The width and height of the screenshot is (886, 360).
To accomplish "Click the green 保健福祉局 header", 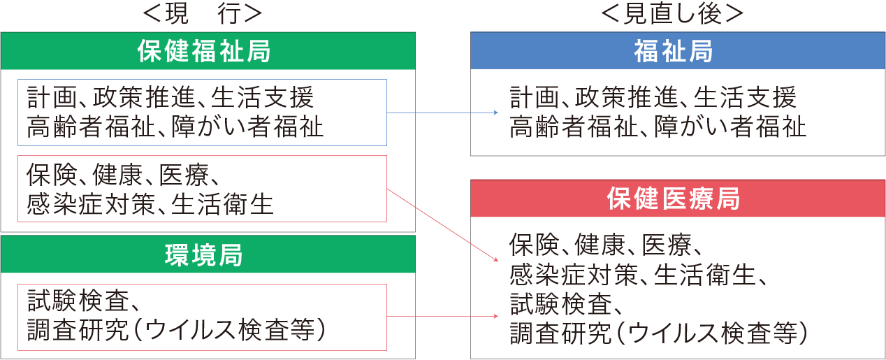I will click(208, 51).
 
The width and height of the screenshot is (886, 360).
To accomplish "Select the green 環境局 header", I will click(208, 255).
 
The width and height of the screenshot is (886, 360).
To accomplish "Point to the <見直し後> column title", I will click(672, 13).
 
